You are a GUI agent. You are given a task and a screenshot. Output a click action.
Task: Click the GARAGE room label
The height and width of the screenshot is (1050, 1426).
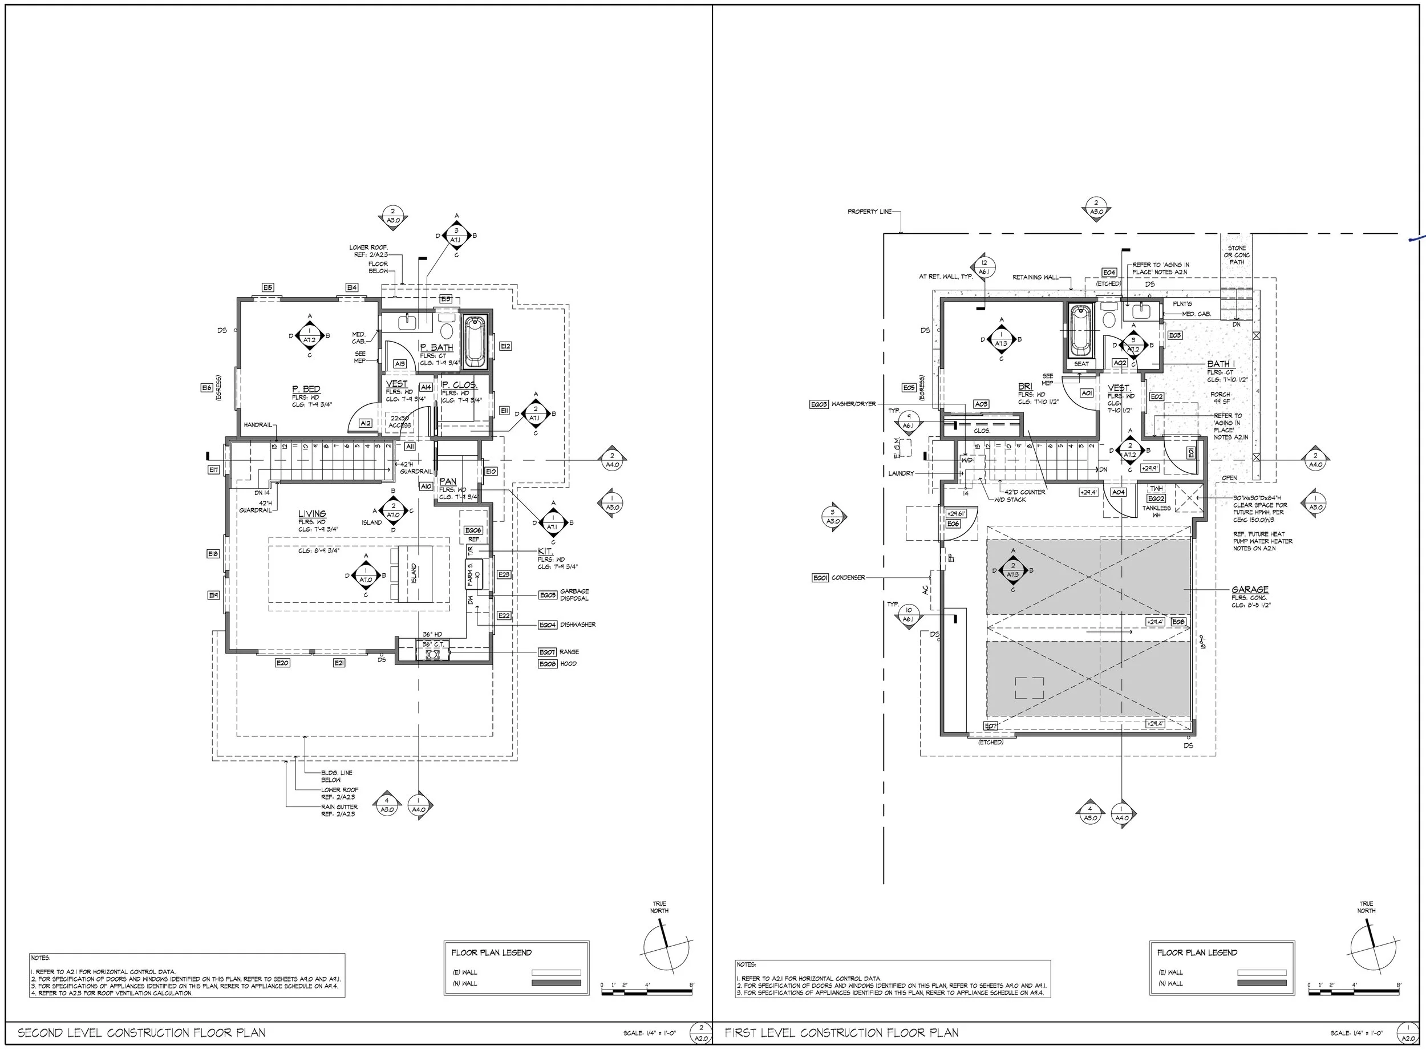(1249, 590)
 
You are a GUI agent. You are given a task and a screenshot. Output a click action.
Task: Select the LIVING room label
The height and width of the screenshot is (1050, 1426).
(312, 513)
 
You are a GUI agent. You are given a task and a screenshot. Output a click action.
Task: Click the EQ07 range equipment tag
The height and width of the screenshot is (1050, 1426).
(547, 652)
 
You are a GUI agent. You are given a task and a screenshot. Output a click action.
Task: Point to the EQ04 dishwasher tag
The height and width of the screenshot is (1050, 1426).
(547, 625)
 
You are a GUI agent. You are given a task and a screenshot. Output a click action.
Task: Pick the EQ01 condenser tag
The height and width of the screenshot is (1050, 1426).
(820, 578)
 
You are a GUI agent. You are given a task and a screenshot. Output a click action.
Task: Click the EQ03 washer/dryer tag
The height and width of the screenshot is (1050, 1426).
(819, 404)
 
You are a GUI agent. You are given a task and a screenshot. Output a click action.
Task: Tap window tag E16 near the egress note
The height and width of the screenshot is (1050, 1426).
(206, 388)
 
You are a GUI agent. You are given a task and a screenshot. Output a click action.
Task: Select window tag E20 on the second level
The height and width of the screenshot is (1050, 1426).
(282, 663)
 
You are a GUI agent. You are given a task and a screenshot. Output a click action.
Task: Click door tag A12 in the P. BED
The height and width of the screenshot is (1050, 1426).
(366, 423)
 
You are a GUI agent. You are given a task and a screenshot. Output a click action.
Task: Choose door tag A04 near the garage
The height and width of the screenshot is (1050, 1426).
(1118, 492)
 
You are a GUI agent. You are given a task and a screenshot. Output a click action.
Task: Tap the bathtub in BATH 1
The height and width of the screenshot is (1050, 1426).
(1080, 330)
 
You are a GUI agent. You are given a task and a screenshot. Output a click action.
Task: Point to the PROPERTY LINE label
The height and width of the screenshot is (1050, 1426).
(869, 212)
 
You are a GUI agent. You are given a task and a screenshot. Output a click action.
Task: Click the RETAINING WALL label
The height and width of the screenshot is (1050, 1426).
(1035, 277)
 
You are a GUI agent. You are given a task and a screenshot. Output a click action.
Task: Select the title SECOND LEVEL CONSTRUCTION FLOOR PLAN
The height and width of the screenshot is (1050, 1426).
(141, 1033)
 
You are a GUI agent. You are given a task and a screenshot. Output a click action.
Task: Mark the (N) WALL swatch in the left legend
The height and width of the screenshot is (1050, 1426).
(556, 983)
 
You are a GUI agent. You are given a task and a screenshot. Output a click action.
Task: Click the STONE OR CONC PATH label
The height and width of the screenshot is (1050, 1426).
(1237, 255)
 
